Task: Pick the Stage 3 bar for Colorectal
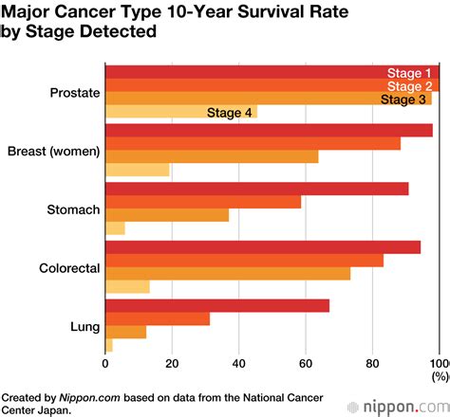228,274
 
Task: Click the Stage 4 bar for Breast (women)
137,171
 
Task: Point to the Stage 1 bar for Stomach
256,189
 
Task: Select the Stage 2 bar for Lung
157,318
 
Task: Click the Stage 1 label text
409,74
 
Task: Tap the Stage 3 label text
403,100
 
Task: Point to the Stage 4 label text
229,113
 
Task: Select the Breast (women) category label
53,152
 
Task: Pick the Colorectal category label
69,268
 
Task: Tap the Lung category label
84,327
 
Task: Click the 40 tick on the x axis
238,361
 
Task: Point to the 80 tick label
372,361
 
